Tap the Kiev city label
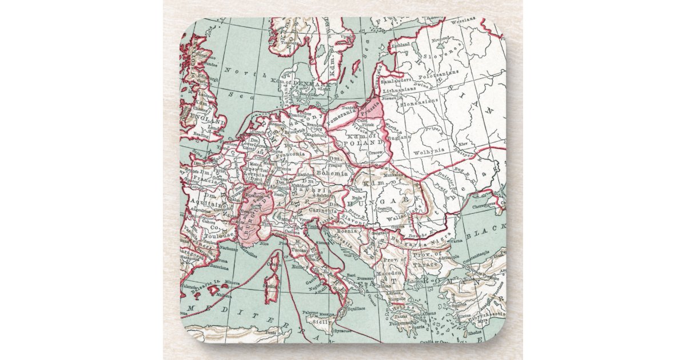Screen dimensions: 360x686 [x=464, y=145]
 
